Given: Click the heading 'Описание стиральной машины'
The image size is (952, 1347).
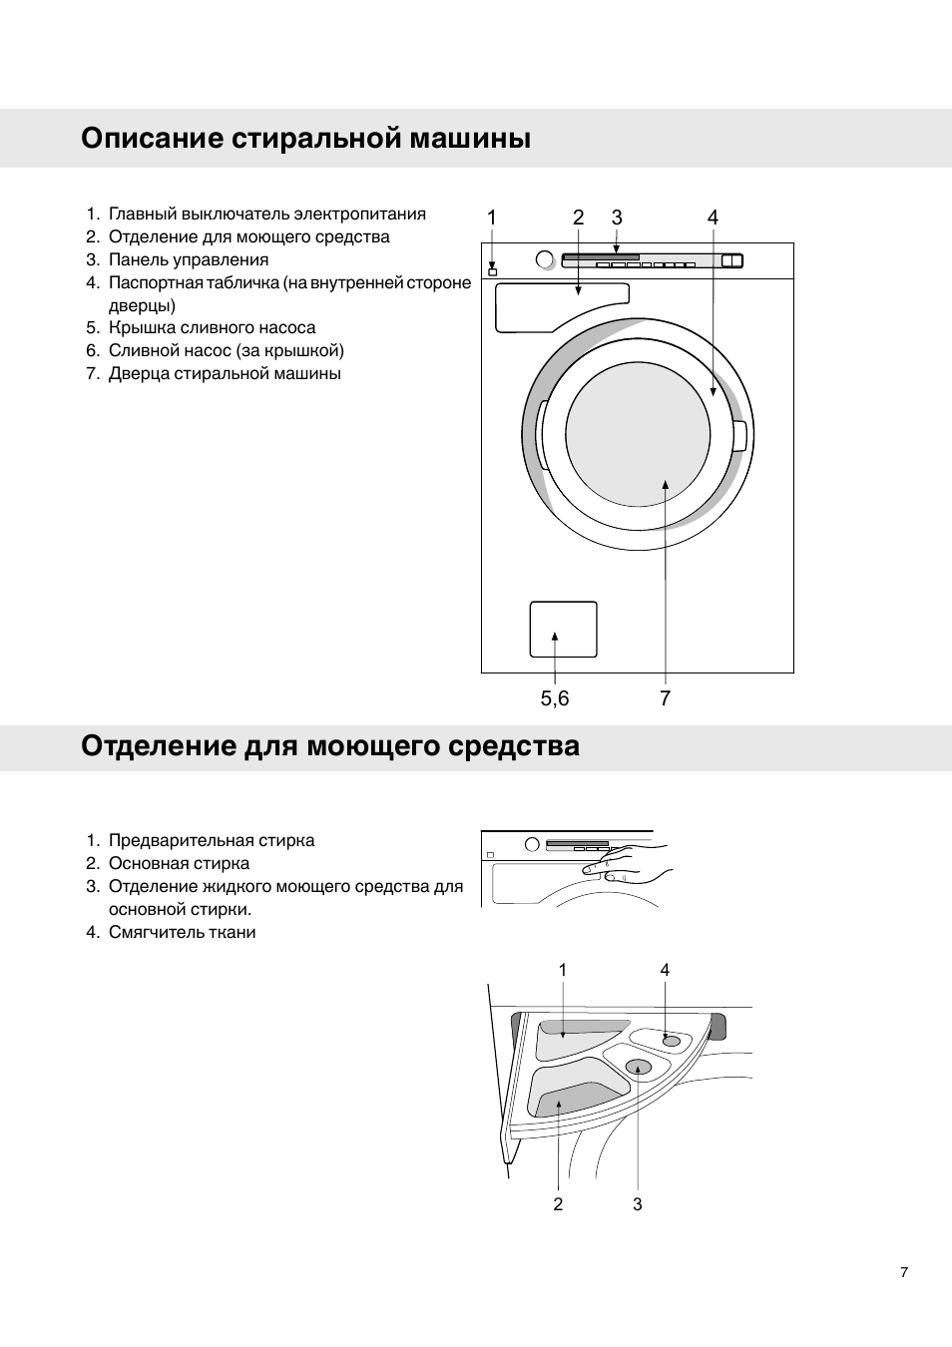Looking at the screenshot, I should click(x=305, y=138).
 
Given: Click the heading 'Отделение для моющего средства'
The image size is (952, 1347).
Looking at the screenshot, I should click(x=329, y=746).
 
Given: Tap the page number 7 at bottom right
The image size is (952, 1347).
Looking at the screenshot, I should click(x=904, y=1272).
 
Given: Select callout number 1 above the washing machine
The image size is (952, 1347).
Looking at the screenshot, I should click(x=492, y=218).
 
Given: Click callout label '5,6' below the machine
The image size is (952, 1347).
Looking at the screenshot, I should click(x=555, y=698).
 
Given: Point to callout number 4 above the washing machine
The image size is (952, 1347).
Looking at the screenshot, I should click(x=713, y=218).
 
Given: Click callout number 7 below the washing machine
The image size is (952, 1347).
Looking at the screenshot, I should click(x=665, y=698).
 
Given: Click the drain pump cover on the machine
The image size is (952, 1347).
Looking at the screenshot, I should click(x=563, y=630).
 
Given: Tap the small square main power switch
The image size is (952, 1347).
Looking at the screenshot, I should click(x=492, y=271).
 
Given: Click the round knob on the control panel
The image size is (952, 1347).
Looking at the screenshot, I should click(x=544, y=260).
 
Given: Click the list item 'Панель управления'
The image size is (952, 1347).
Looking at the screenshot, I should click(x=188, y=259).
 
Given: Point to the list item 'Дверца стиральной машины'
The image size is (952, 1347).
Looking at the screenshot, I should click(x=225, y=373).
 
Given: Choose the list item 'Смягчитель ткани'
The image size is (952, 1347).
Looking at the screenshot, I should click(x=182, y=932).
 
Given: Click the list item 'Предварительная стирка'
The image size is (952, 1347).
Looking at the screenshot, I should click(x=211, y=840).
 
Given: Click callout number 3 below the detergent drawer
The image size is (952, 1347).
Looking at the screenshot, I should click(x=638, y=1204).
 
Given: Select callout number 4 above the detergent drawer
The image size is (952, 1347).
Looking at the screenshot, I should click(x=665, y=970).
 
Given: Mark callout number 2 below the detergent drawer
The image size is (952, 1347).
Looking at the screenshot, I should click(x=558, y=1204).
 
